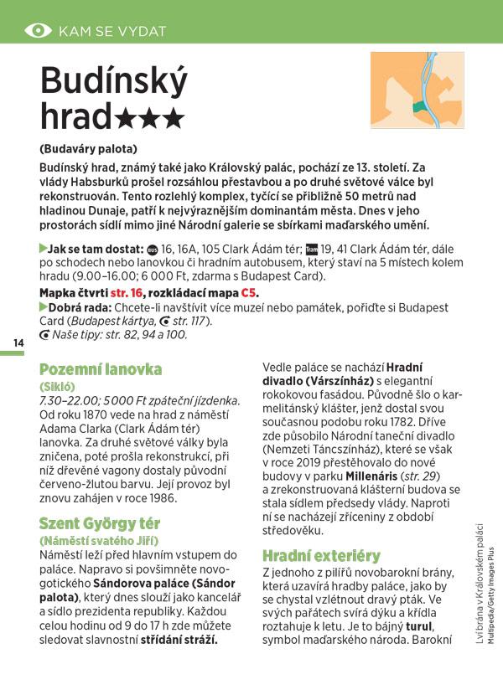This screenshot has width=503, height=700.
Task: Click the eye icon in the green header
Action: click(38, 31)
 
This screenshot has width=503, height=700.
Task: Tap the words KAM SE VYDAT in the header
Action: click(112, 32)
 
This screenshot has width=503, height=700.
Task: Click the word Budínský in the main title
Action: click(114, 83)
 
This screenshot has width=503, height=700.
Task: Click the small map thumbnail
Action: click(417, 90)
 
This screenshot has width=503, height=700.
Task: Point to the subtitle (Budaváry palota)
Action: click(90, 148)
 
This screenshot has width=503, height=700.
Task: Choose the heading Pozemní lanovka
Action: click(101, 369)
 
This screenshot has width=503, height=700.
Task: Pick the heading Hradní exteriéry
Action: click(321, 555)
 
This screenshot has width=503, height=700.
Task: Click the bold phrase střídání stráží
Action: click(179, 641)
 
